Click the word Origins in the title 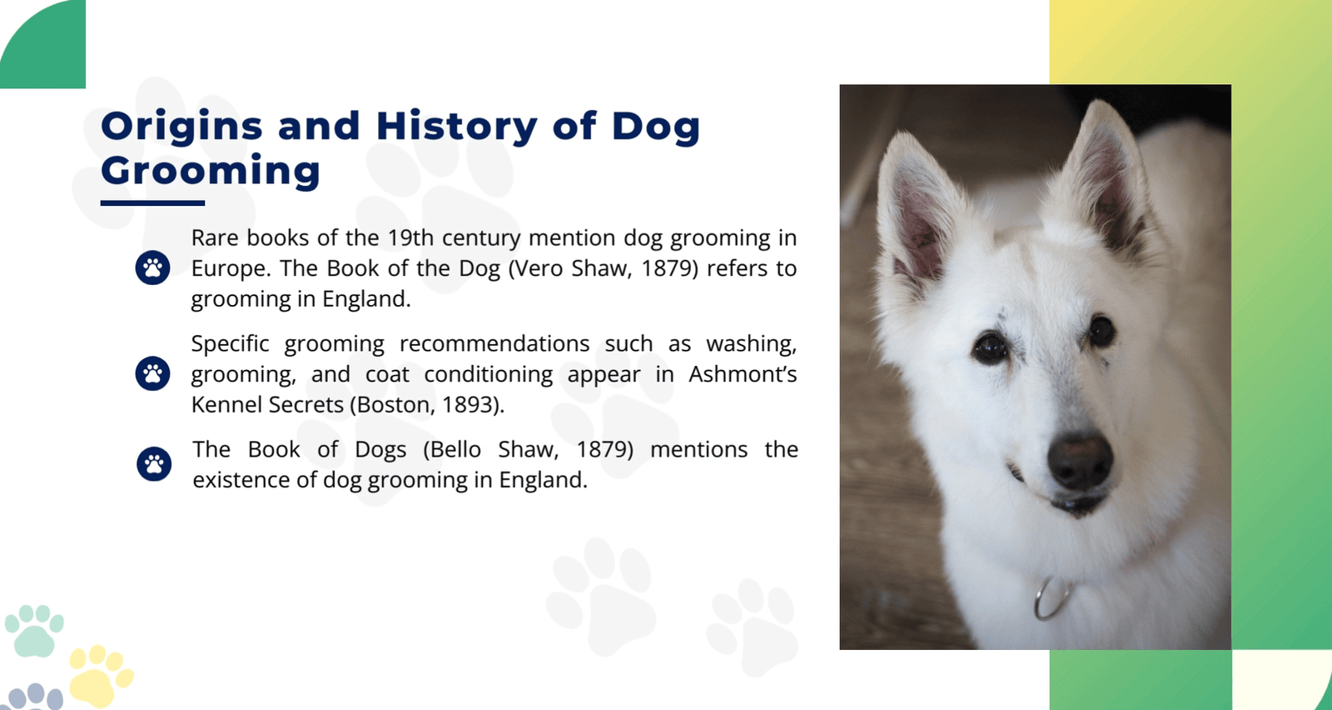click(182, 127)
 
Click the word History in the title click(457, 127)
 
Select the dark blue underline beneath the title click(153, 203)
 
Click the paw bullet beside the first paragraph click(153, 267)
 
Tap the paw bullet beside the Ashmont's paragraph click(153, 373)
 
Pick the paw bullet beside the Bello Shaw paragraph click(154, 464)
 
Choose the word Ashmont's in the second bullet click(743, 374)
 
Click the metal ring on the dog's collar click(1051, 598)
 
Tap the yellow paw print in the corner click(100, 676)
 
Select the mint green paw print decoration click(34, 631)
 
